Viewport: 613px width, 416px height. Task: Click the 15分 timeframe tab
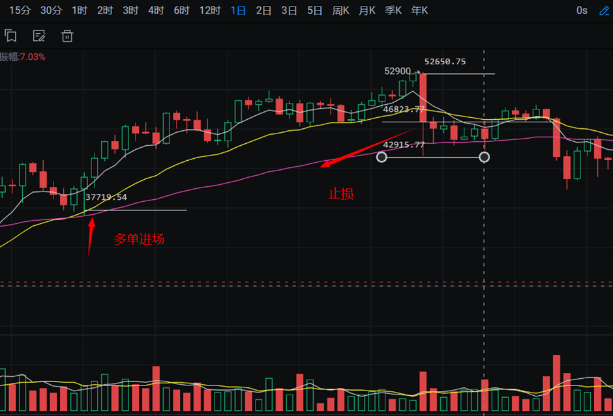20,10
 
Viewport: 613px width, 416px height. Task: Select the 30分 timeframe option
51,10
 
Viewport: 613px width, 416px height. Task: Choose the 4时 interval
156,10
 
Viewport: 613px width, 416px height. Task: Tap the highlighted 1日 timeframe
238,10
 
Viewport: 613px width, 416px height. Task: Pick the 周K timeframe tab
340,10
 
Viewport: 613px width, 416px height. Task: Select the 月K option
366,10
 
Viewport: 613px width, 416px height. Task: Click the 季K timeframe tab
393,10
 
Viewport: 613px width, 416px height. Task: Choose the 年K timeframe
419,10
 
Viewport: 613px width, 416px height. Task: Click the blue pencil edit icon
604,10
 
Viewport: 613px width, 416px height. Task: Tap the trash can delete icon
67,36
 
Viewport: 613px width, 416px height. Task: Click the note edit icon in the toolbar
38,36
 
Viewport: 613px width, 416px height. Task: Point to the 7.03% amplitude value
33,57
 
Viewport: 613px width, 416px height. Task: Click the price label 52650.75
445,62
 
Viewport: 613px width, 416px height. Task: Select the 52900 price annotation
398,71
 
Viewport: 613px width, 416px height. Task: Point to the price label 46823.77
404,109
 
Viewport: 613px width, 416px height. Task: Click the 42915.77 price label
404,145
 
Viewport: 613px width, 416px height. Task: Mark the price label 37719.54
106,197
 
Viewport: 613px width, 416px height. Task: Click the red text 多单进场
139,239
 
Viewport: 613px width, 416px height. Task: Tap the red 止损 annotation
341,194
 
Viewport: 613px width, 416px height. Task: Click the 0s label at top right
582,10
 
